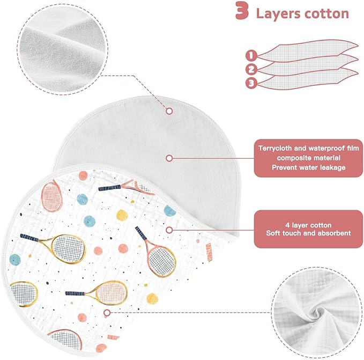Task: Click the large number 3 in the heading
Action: pos(242,10)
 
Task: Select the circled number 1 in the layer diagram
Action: pos(251,56)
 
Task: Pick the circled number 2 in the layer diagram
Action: pos(251,69)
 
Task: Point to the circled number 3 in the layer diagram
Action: pos(251,83)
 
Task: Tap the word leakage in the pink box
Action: pos(333,168)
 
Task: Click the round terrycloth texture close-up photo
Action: pos(62,49)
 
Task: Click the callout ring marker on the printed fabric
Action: pos(107,313)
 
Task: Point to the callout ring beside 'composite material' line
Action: pos(169,158)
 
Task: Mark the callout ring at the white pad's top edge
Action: pos(169,111)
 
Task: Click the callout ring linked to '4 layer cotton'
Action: pos(169,230)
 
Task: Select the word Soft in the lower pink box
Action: pos(272,233)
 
